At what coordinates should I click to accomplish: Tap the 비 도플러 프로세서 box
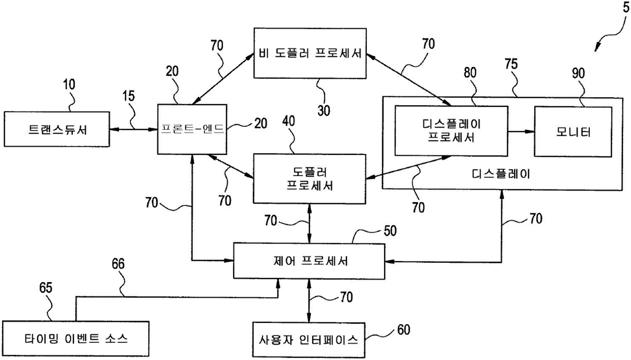coord(310,53)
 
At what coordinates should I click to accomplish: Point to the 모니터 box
coord(572,131)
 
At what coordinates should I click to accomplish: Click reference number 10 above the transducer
coord(69,85)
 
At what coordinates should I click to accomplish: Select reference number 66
coord(118,263)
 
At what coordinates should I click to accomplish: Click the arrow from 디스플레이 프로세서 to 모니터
coord(521,131)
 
